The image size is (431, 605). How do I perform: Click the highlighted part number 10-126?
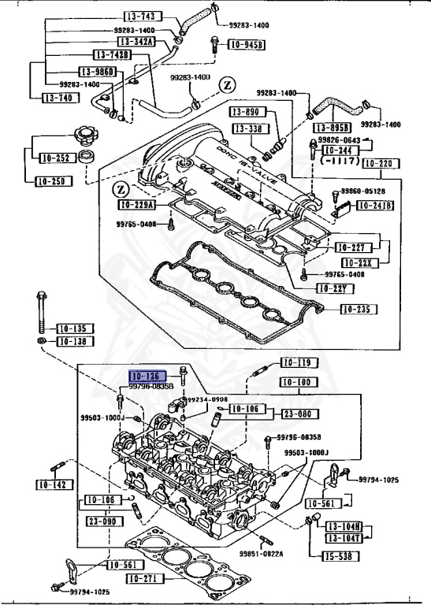click(147, 377)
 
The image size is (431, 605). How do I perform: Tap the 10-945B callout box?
click(247, 45)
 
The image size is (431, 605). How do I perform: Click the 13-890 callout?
click(245, 113)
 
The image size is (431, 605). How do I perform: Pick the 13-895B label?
click(331, 128)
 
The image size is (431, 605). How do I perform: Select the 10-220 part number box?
click(379, 165)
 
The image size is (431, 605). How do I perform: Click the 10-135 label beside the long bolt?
click(72, 328)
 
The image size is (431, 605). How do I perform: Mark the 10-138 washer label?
click(72, 341)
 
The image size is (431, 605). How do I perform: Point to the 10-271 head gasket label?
click(146, 579)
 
